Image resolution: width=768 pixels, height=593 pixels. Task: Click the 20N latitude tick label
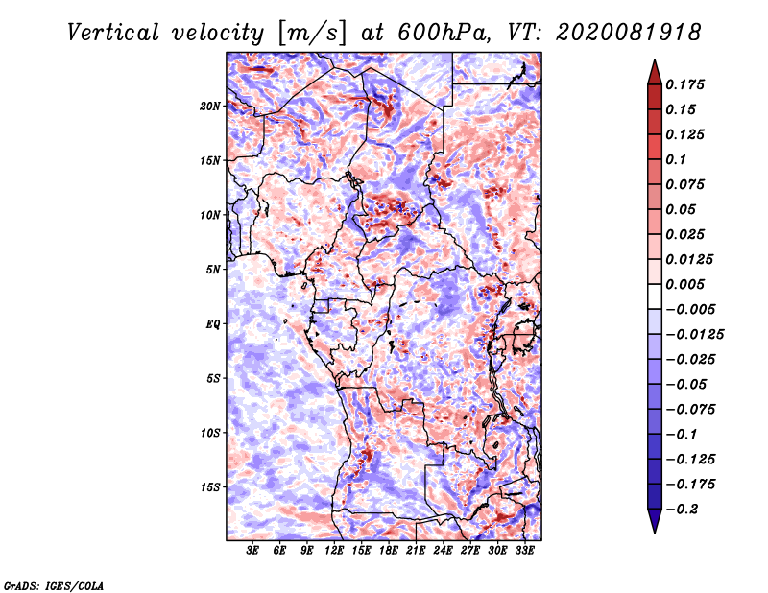(x=209, y=107)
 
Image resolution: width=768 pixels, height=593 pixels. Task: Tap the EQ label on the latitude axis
(x=212, y=324)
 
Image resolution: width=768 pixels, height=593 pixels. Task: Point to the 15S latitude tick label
(x=209, y=487)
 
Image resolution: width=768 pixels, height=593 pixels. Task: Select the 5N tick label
(x=213, y=270)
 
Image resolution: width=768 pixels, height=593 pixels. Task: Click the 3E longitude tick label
(x=252, y=550)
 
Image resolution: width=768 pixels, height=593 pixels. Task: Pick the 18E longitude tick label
(x=389, y=550)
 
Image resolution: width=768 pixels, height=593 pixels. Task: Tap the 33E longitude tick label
(x=524, y=550)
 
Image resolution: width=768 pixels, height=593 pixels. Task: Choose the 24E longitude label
(x=443, y=550)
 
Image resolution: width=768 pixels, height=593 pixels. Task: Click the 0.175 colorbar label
(x=685, y=84)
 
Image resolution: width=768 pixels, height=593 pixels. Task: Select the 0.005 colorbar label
(x=685, y=284)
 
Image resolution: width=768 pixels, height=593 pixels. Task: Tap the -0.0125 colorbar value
(x=694, y=335)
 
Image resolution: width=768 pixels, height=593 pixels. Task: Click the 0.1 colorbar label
(x=676, y=159)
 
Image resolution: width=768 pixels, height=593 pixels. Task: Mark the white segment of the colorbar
(x=655, y=296)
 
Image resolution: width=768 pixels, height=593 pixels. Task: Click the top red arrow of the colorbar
(x=655, y=72)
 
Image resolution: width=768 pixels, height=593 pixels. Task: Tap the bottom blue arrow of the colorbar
(x=655, y=521)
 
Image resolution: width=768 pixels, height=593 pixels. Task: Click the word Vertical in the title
(x=113, y=33)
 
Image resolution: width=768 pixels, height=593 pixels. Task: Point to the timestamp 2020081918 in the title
(x=629, y=33)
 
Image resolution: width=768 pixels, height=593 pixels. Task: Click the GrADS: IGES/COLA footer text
(x=54, y=586)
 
